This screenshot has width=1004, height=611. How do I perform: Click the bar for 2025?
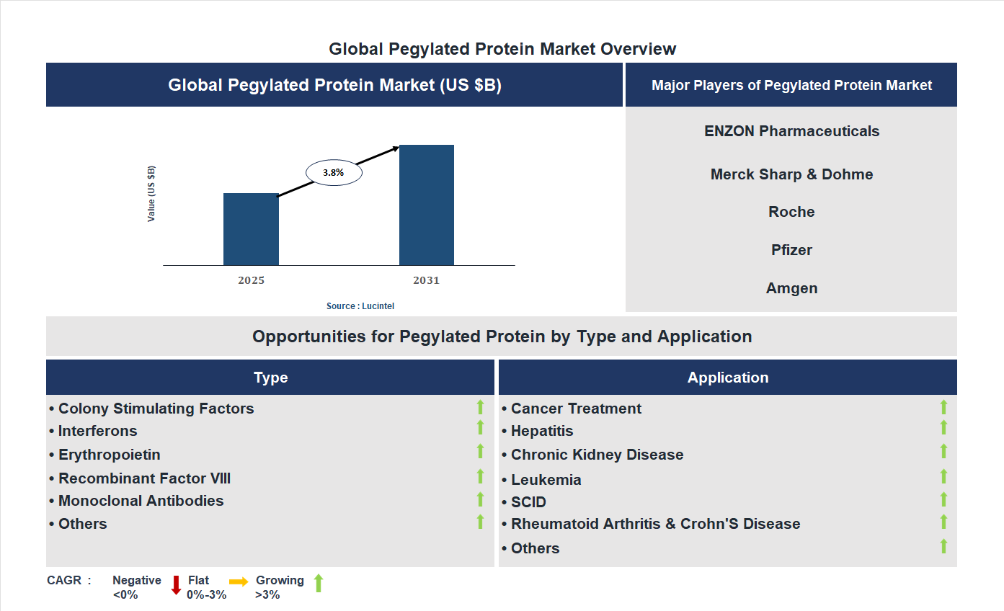[251, 229]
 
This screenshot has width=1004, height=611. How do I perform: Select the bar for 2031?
[427, 205]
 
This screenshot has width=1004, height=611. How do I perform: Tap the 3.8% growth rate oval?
[334, 173]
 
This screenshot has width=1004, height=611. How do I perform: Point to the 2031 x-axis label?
[426, 280]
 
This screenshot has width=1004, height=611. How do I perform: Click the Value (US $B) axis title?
[151, 194]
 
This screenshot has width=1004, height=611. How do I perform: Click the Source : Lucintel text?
[360, 306]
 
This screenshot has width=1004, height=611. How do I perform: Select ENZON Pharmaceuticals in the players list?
[791, 131]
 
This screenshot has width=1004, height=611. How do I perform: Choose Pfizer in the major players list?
[791, 250]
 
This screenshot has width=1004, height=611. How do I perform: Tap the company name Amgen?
[791, 288]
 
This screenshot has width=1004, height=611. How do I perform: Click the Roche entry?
[791, 212]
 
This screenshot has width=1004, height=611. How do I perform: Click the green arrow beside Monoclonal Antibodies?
[480, 499]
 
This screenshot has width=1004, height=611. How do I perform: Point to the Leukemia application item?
[546, 480]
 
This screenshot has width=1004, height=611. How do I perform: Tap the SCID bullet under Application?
[528, 502]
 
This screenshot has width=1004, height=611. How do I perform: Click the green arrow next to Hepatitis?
[943, 428]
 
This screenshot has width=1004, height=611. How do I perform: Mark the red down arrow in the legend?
[176, 584]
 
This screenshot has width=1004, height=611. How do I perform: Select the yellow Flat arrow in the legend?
[239, 581]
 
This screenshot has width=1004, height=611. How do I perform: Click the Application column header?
[728, 378]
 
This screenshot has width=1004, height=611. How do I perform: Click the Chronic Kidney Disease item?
[597, 455]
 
